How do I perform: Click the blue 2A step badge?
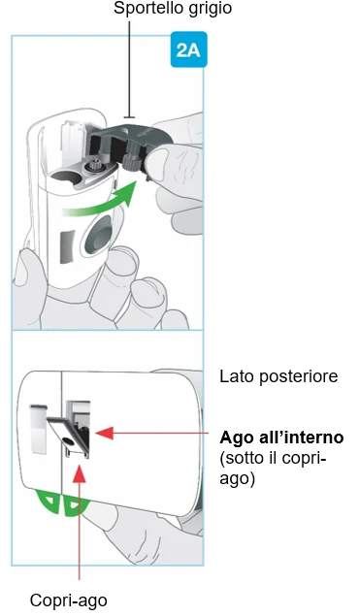(x=188, y=49)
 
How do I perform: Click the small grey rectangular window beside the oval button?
(x=67, y=246)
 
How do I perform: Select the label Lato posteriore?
(x=278, y=376)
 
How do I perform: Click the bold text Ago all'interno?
(x=281, y=437)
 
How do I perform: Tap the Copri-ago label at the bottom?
(x=68, y=600)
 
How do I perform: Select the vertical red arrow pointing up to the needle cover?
(x=80, y=523)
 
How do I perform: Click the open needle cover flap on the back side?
(x=66, y=435)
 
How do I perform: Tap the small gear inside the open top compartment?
(x=95, y=166)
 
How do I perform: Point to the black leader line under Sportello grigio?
(x=129, y=70)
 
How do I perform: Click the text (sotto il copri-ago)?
(x=273, y=469)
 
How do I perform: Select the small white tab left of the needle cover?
(x=39, y=429)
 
